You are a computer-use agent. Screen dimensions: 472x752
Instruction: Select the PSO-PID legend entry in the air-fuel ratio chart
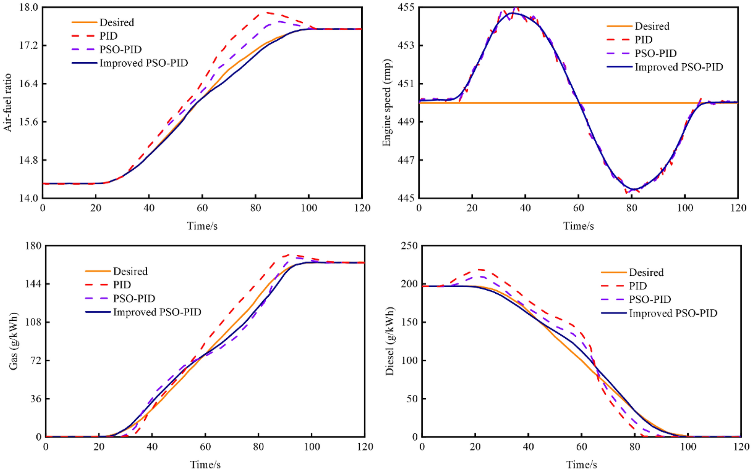(x=120, y=49)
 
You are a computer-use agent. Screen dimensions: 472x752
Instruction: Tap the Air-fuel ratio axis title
(x=8, y=103)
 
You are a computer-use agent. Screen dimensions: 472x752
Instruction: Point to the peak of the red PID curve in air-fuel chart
(x=267, y=13)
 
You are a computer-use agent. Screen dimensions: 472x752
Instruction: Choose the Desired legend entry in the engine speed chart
(x=652, y=26)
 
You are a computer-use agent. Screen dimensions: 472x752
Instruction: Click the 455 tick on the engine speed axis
(x=407, y=7)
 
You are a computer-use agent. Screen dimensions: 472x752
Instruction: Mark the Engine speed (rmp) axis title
(x=387, y=103)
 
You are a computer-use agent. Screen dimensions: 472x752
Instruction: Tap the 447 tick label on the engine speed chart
(x=407, y=160)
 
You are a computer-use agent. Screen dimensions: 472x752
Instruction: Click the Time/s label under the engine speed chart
(x=578, y=226)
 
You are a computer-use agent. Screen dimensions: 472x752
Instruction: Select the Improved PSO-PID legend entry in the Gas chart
(x=157, y=312)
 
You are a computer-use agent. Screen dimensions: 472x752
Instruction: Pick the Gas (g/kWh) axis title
(x=13, y=341)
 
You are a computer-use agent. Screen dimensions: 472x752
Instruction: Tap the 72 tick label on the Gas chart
(x=35, y=360)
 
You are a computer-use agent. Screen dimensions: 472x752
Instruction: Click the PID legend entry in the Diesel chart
(x=638, y=286)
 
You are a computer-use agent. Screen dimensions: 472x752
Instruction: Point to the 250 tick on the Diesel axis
(x=409, y=246)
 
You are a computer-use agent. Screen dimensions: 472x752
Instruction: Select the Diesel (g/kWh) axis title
(x=390, y=341)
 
